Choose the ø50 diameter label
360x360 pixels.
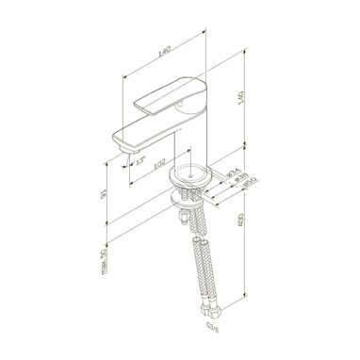coord(243,187)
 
